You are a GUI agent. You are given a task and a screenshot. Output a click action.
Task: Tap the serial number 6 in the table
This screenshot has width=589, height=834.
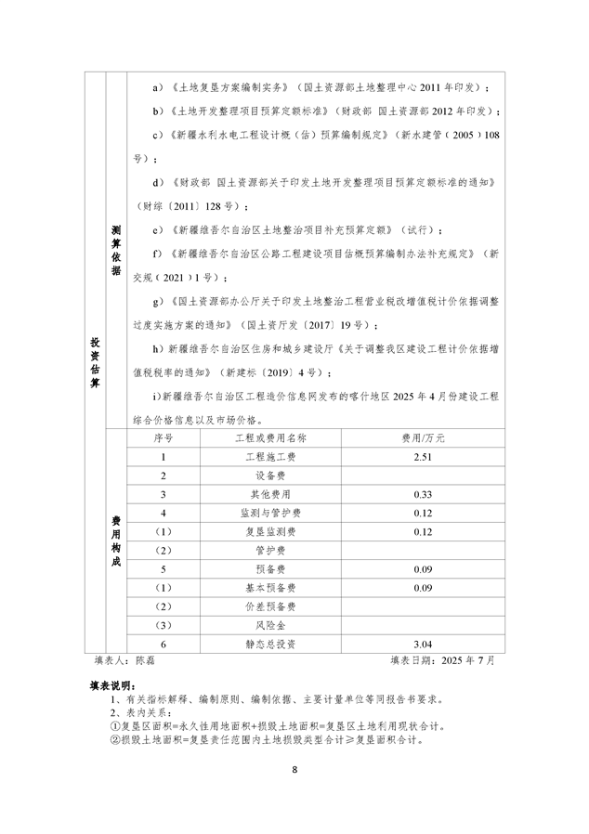[x=164, y=643]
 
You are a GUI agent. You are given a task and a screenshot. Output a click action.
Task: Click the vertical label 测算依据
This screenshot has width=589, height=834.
[x=115, y=251]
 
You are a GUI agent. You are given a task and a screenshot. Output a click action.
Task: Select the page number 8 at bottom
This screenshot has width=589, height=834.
[x=294, y=770]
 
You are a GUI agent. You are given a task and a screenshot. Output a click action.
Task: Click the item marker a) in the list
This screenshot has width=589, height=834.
[x=157, y=87]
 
